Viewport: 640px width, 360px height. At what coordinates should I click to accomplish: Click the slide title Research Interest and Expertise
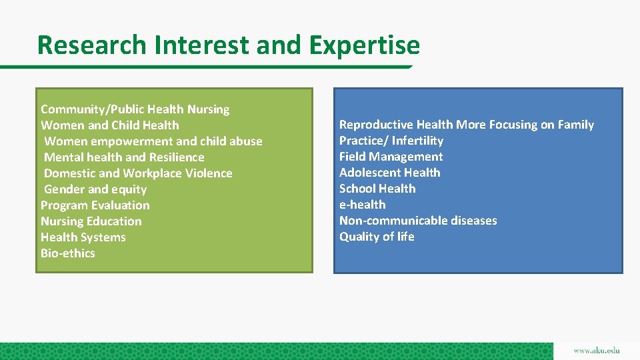click(x=229, y=45)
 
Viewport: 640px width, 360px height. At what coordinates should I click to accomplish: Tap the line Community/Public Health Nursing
click(x=135, y=109)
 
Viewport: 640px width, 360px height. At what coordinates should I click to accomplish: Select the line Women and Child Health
click(x=110, y=125)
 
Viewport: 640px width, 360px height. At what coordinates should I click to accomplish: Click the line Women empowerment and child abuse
click(x=153, y=141)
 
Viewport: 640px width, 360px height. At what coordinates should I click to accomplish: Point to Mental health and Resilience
click(x=124, y=157)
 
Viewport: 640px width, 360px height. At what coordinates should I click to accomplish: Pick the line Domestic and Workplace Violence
click(x=138, y=173)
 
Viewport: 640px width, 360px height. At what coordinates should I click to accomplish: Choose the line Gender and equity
click(x=95, y=189)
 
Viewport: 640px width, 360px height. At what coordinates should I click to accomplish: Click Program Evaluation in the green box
click(x=95, y=205)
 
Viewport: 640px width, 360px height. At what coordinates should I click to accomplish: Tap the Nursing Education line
click(x=91, y=221)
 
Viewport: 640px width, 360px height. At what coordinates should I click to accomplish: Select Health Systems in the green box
click(x=83, y=237)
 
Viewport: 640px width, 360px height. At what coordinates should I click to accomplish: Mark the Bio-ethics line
click(x=68, y=253)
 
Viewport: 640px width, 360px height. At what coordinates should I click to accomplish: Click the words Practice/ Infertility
click(x=391, y=141)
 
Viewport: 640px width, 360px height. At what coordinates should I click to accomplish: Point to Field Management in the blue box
click(x=391, y=157)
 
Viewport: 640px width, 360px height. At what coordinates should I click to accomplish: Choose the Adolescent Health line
click(x=390, y=173)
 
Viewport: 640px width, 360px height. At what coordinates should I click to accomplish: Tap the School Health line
click(x=377, y=189)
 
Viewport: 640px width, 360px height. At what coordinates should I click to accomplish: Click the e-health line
click(x=363, y=205)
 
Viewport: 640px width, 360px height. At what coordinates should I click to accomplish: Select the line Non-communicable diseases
click(x=418, y=221)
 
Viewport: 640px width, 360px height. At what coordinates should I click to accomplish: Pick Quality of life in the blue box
click(x=377, y=237)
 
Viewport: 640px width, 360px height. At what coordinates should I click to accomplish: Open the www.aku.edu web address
click(x=596, y=351)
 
